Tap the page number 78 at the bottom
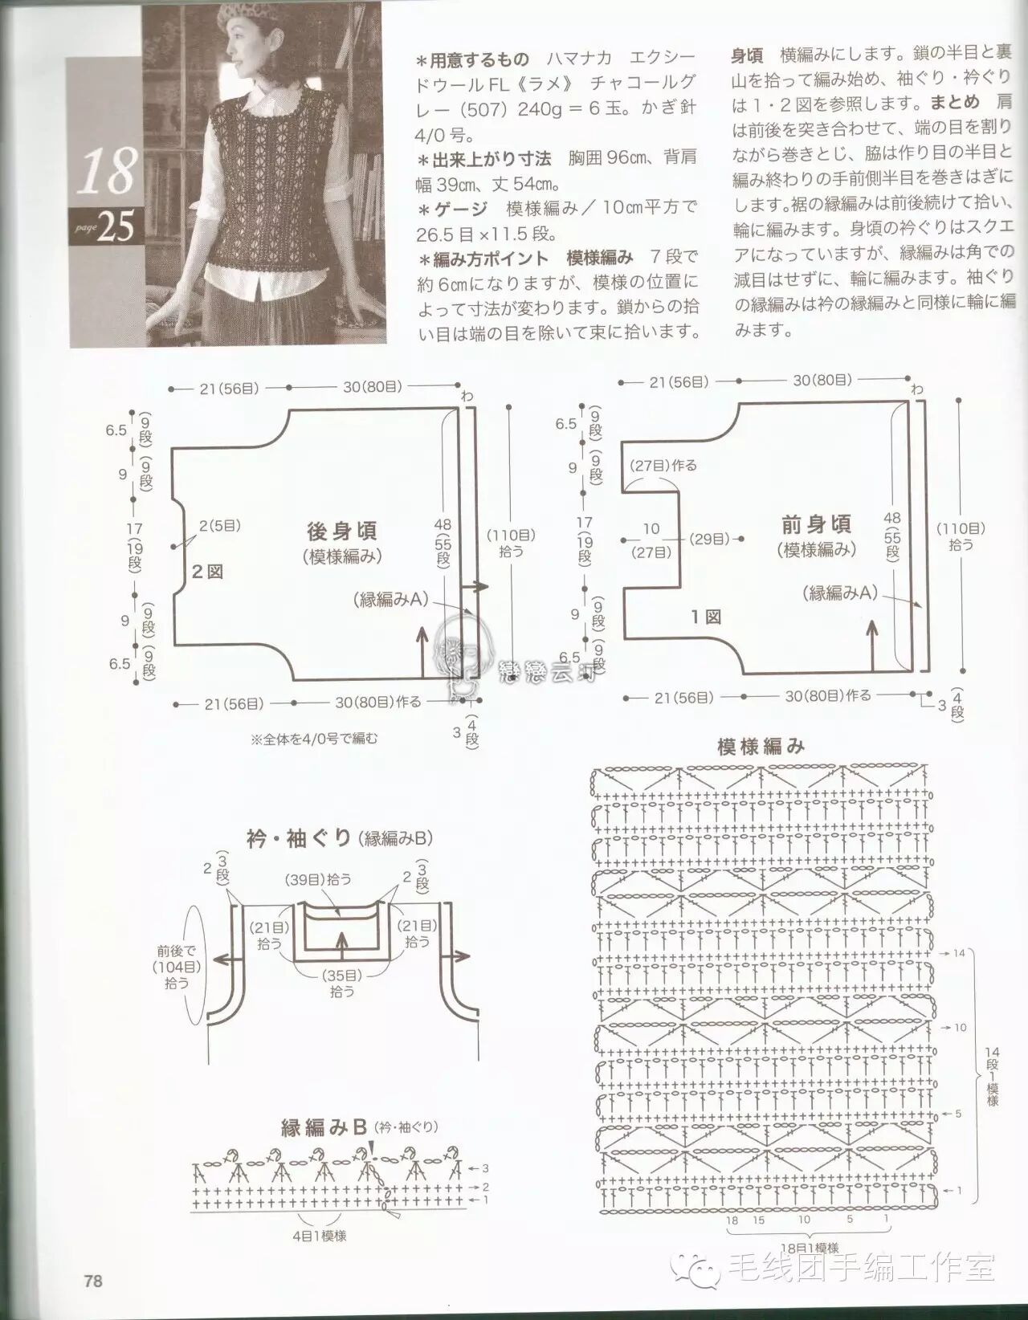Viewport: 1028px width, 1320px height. pos(93,1281)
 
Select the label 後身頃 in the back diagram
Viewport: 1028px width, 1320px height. pos(342,531)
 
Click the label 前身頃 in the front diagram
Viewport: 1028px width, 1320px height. pos(816,524)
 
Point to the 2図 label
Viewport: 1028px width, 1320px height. pos(206,572)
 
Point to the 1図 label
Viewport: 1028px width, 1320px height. pos(706,617)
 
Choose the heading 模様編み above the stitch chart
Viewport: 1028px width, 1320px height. pos(761,747)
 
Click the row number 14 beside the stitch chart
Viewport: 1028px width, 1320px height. pos(958,953)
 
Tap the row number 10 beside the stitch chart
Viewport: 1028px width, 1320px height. pos(961,1027)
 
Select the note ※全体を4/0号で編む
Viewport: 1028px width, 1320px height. pos(314,738)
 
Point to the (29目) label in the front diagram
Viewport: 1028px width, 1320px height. pos(709,539)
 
